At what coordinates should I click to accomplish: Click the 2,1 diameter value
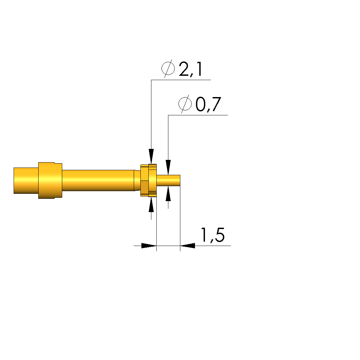pos(190,69)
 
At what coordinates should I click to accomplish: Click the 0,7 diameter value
pos(208,104)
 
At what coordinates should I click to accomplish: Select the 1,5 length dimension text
pos(213,235)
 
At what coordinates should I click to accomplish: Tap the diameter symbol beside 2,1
pos(168,68)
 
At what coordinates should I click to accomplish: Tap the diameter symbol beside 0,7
pos(185,104)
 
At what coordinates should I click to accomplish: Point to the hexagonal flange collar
pos(149,180)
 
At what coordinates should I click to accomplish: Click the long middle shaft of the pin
pos(98,180)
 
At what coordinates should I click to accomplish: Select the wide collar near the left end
pos(50,180)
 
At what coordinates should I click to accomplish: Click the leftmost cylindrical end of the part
pos(26,181)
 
